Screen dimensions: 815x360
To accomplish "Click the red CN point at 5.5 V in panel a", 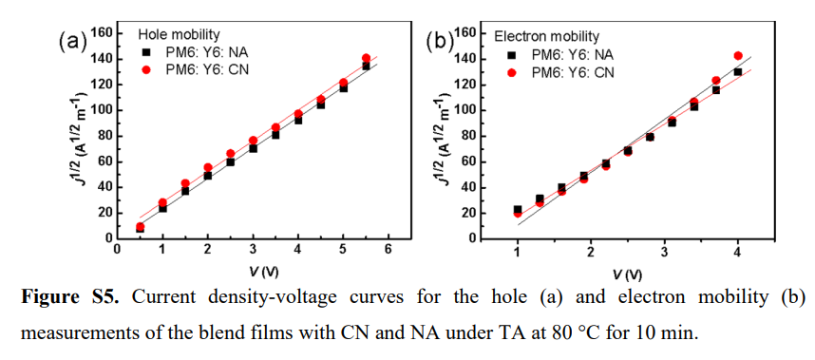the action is tap(366, 58).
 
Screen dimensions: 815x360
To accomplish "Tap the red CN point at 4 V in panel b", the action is tap(737, 56).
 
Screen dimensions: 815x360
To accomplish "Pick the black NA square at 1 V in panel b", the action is tap(517, 209).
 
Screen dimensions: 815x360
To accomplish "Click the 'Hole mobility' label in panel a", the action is tap(179, 35).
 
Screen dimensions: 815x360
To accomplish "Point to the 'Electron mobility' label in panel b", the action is tap(547, 36).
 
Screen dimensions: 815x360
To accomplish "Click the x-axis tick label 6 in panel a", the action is tap(388, 250).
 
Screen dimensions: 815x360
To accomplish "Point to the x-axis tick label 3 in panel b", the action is tap(664, 251).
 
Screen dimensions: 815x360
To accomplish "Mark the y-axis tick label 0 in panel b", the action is tap(470, 238).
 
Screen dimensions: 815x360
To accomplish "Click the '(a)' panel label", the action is tap(71, 40).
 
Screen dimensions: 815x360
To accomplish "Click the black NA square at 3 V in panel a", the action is tap(253, 148).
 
